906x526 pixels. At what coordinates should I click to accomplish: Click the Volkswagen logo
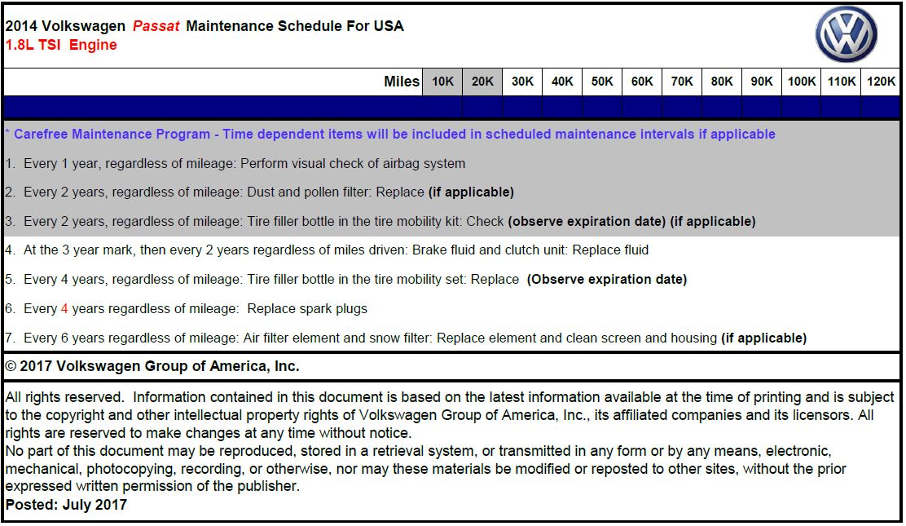[847, 35]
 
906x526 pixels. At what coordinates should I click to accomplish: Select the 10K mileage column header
[442, 82]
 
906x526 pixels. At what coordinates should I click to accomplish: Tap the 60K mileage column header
[642, 82]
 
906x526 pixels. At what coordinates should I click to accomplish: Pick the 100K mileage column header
[801, 82]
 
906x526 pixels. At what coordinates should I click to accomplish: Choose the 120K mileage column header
[881, 82]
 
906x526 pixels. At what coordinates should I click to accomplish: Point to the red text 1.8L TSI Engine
[61, 45]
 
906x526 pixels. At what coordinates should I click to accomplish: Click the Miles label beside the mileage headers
[402, 82]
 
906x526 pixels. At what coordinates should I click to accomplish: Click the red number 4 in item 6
[64, 309]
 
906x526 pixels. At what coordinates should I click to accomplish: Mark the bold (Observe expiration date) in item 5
[606, 280]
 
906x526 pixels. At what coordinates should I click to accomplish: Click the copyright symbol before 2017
[11, 367]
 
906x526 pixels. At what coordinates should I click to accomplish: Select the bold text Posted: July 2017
[66, 505]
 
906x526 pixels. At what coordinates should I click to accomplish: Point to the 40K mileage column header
[562, 82]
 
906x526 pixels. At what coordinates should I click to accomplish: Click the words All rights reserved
[64, 398]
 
